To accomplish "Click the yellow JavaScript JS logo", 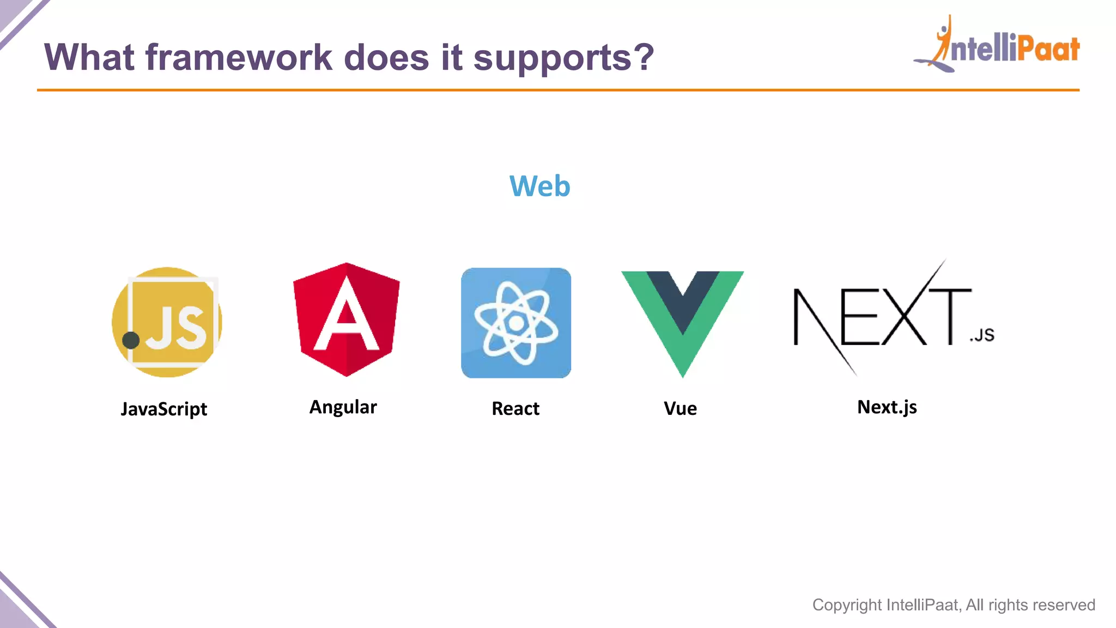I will coord(167,322).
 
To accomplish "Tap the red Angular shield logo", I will coord(346,320).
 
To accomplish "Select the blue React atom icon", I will coord(516,323).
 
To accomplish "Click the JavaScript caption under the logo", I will coord(163,409).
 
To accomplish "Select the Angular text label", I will coord(343,407).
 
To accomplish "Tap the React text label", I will coord(515,408).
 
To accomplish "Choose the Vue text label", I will coord(680,408).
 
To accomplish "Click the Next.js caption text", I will coord(887,407).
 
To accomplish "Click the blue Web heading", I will coord(539,186).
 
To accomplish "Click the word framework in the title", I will coord(239,57).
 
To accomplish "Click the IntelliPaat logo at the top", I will coord(997,46).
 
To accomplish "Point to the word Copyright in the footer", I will coord(847,605).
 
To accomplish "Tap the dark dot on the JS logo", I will coord(131,340).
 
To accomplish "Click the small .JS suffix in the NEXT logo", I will coord(982,335).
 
